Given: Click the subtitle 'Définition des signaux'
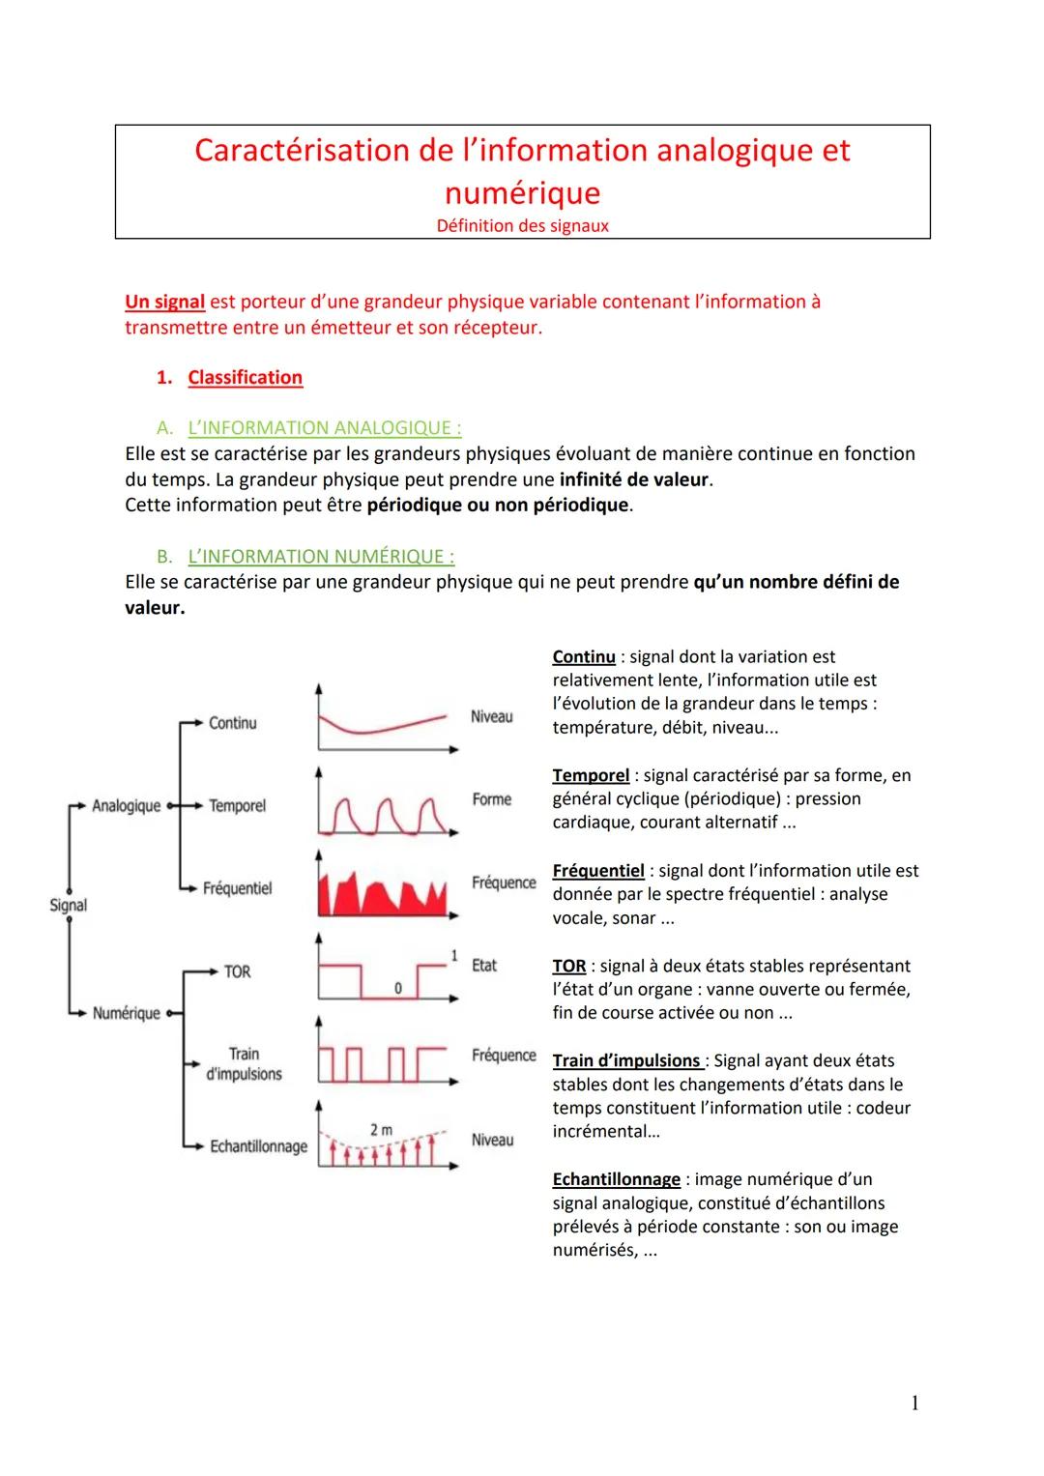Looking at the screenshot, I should coord(522,225).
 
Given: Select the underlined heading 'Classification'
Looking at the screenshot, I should coord(245,377).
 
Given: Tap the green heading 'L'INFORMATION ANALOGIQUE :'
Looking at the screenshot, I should coord(324,427).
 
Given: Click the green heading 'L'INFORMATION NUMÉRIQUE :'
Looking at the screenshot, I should coord(321,556).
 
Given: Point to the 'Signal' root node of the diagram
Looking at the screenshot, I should coord(68,905).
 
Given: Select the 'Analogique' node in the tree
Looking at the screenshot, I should coord(126,805).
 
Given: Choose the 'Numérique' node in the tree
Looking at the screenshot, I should coord(126,1013).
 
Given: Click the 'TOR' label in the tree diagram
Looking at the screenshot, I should coord(237,971).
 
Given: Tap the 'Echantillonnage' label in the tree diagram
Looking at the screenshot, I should coord(258,1146).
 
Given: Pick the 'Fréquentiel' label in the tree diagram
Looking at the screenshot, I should coord(237,888).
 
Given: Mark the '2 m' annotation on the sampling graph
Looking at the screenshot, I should coord(381,1129).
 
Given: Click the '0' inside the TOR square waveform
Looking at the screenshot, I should coord(397,988).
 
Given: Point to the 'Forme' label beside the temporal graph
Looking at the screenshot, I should coord(491,799).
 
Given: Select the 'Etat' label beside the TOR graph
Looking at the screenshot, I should coord(483,965).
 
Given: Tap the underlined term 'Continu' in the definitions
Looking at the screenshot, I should coord(584,656).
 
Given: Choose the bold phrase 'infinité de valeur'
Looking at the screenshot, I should coord(633,479).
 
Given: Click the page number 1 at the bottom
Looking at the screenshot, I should coord(914,1403).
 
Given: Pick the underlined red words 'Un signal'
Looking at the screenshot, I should coord(164,302).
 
